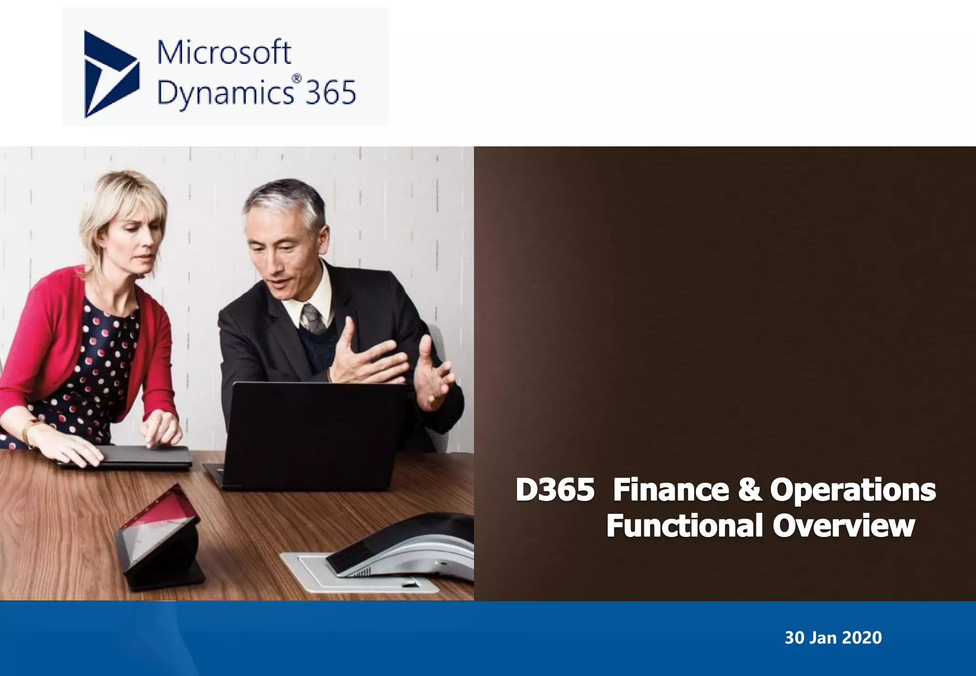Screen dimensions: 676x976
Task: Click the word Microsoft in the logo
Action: pyautogui.click(x=224, y=52)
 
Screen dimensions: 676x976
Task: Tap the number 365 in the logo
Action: pyautogui.click(x=330, y=92)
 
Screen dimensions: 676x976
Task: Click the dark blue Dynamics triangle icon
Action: pyautogui.click(x=110, y=74)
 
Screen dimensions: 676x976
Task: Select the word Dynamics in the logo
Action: pyautogui.click(x=225, y=93)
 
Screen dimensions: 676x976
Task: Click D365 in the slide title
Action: pyautogui.click(x=555, y=490)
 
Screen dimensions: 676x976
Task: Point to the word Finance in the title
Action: pyautogui.click(x=671, y=490)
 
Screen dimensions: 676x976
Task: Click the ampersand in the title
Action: pyautogui.click(x=750, y=490)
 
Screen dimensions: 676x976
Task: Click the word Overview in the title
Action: pyautogui.click(x=844, y=526)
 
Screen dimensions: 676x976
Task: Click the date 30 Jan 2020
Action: pyautogui.click(x=833, y=638)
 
